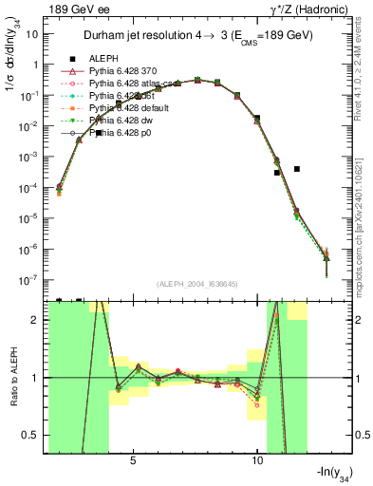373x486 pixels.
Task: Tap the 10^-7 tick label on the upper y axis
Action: click(30, 280)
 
